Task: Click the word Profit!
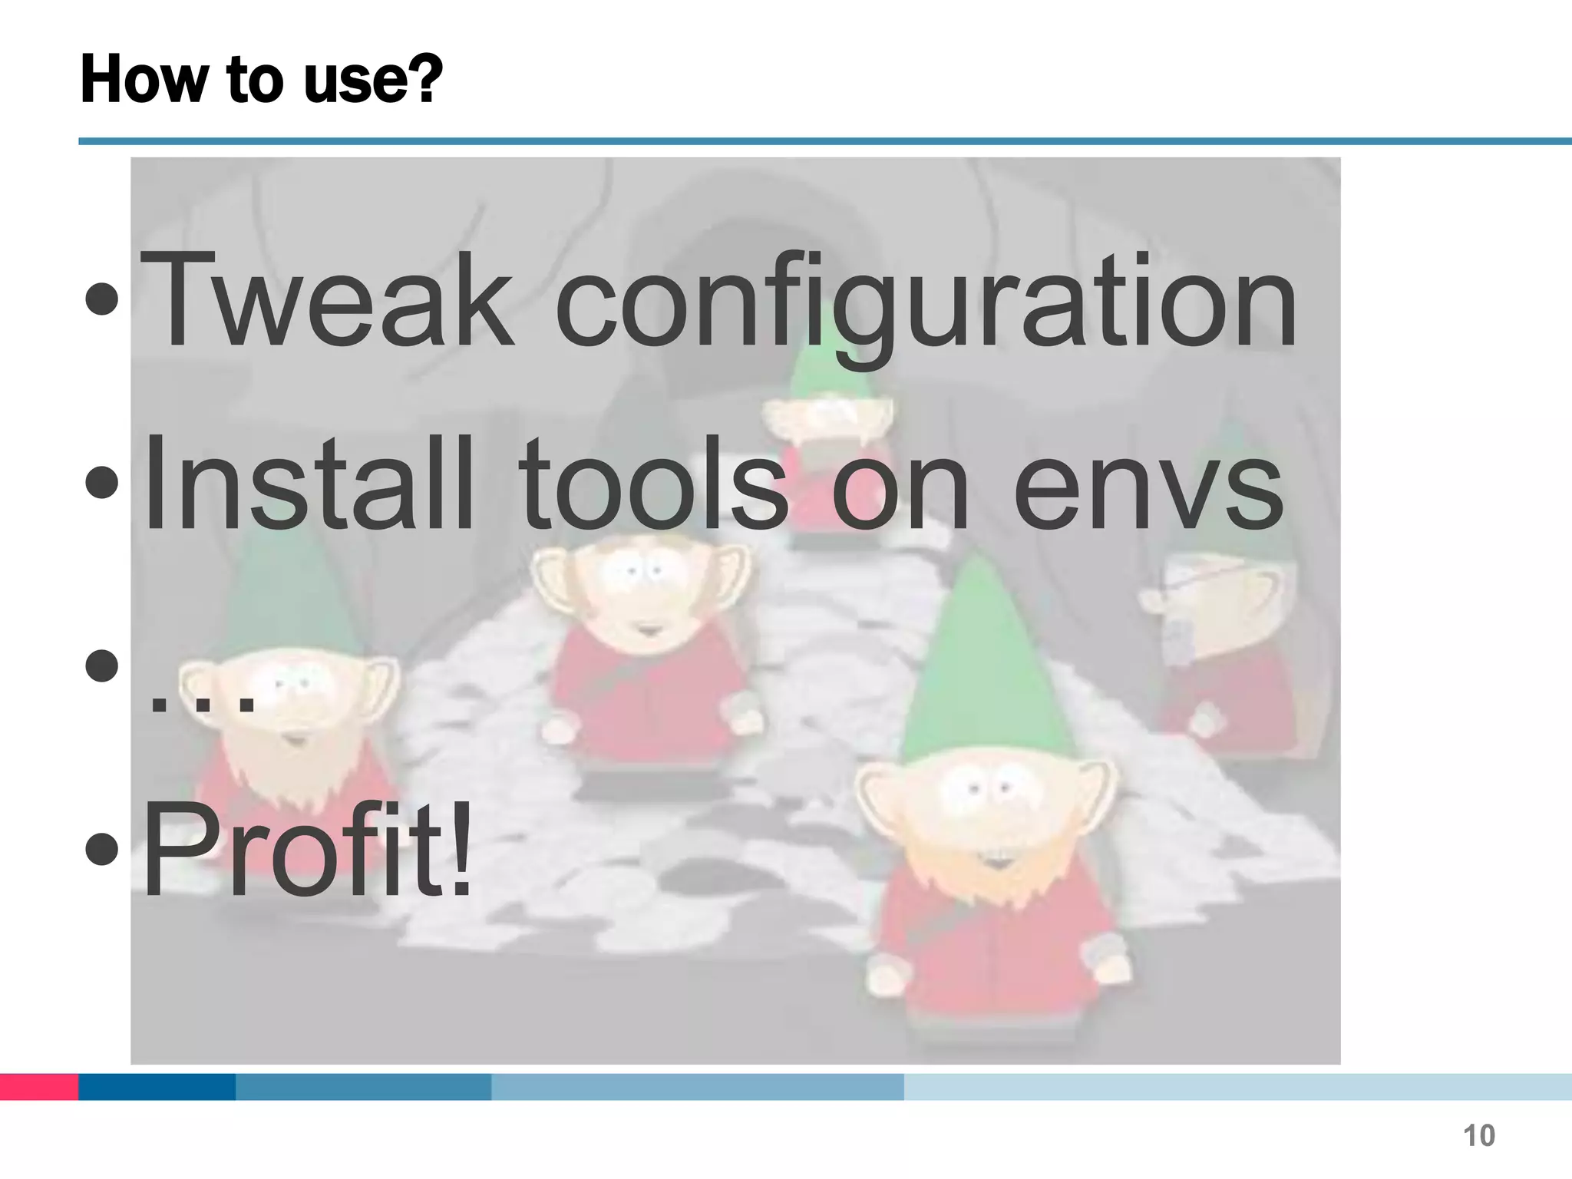coord(307,848)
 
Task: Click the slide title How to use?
coord(262,79)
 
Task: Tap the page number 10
coord(1478,1135)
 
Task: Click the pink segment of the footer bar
coord(39,1087)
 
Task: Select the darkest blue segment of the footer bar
coord(157,1087)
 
